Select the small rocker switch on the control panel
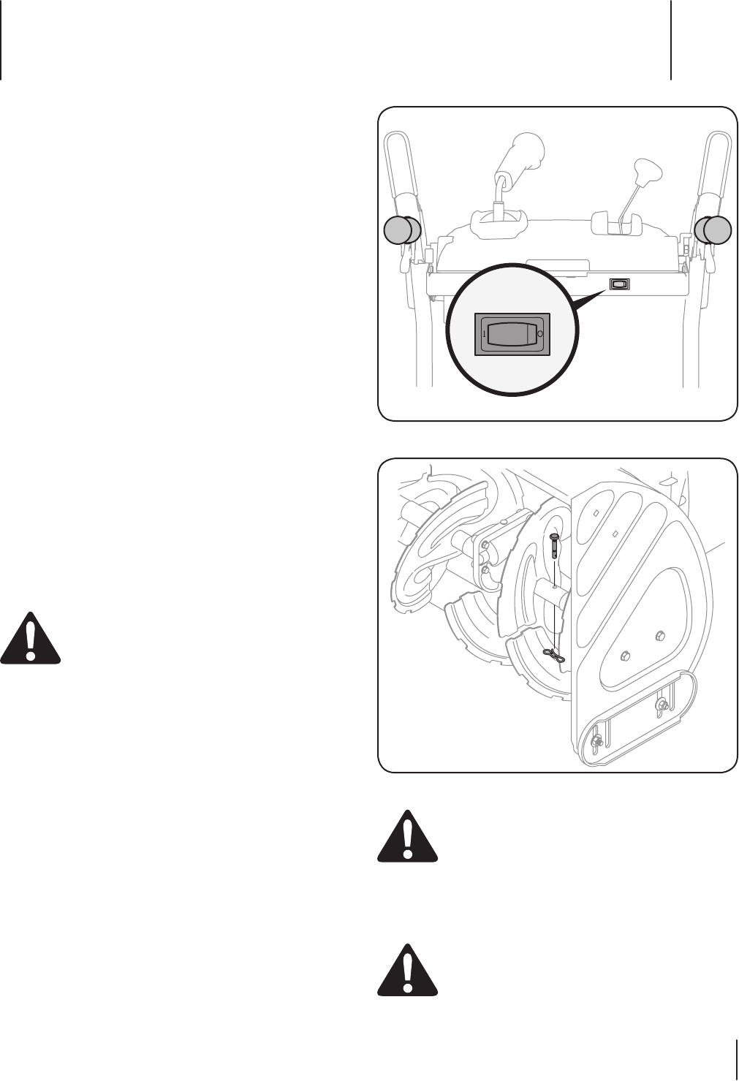pos(619,284)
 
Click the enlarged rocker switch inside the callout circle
pos(512,334)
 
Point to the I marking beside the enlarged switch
pos(484,333)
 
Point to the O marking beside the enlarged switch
pos(540,333)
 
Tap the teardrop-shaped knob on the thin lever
pos(647,171)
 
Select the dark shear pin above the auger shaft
pos(554,545)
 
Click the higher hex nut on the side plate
pos(660,634)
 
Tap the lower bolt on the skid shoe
pos(596,742)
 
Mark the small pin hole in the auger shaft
pos(555,585)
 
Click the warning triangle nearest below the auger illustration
pos(407,837)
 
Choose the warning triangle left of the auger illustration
pos(30,637)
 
